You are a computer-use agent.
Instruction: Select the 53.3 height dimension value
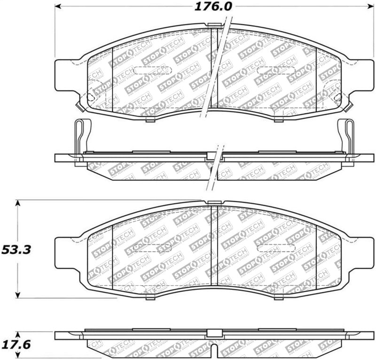16,249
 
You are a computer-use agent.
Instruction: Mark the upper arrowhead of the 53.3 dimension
18,203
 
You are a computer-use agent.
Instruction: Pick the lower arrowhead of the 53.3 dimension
18,295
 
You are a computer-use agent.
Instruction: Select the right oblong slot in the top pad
273,71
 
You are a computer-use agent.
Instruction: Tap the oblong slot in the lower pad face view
273,248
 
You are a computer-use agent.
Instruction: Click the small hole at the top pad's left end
91,97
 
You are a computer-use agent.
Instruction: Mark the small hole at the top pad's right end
337,97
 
